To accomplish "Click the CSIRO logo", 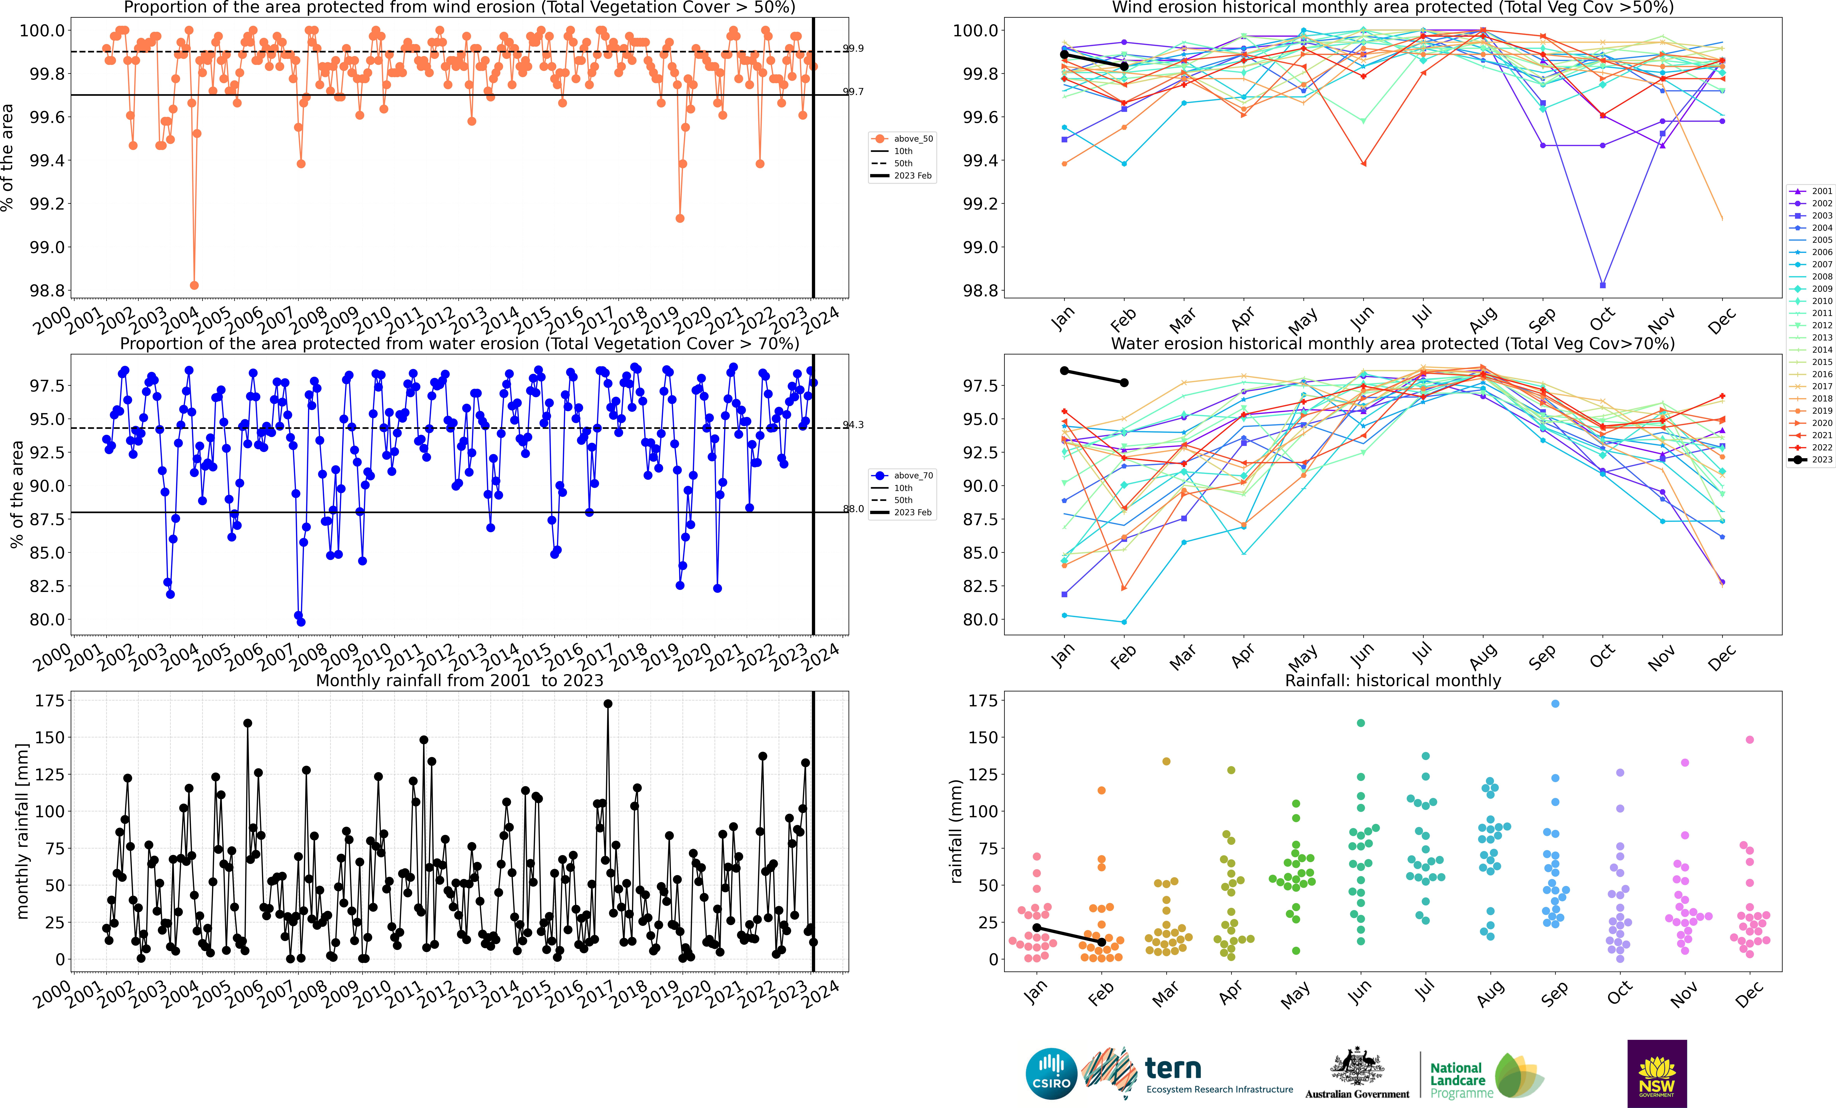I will coord(1051,1074).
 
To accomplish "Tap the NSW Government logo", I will coord(1656,1074).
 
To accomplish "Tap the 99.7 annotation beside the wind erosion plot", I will coord(853,92).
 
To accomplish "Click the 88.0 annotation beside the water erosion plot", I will coord(853,509).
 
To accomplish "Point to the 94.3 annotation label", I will coord(853,425).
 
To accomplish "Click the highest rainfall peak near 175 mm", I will coord(608,703).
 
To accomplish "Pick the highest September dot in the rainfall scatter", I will coord(1555,703).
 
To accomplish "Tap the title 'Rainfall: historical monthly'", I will coord(1393,680).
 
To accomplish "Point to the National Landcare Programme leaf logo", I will coord(1519,1075).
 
